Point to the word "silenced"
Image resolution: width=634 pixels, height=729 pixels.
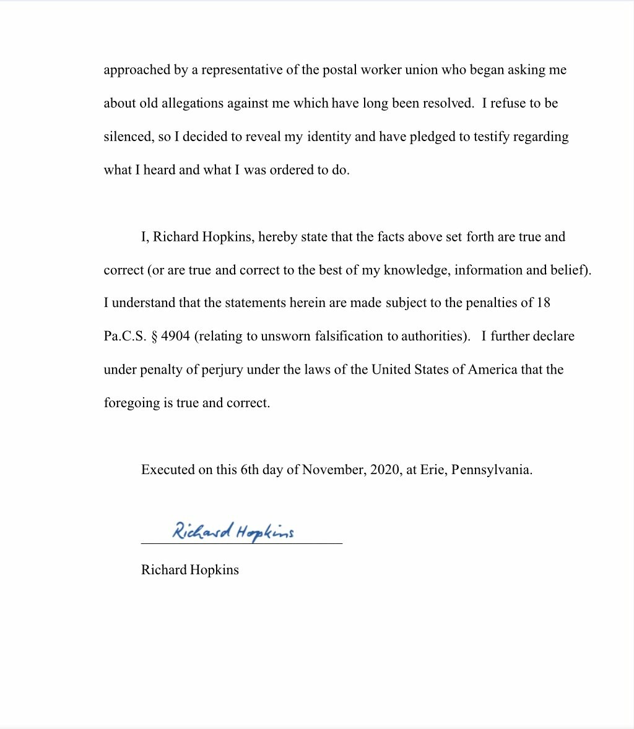coord(128,136)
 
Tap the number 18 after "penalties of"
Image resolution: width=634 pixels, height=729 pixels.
coord(543,303)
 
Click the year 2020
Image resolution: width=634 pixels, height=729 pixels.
coord(384,469)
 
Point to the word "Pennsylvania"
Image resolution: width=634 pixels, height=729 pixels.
coord(492,469)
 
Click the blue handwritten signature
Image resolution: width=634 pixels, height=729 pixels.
coord(233,531)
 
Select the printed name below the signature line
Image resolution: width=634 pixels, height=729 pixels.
coord(189,569)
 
